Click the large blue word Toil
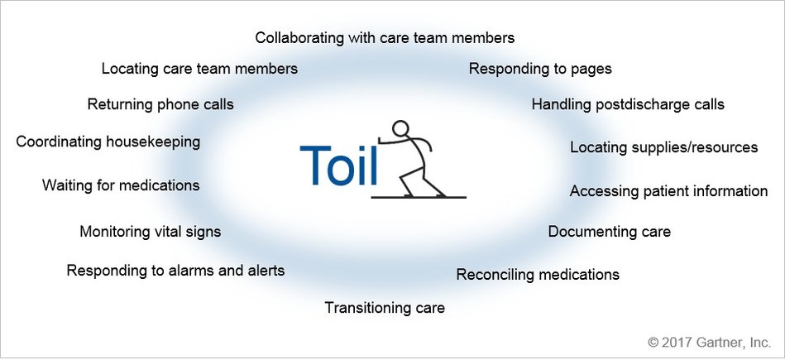(x=339, y=166)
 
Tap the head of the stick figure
(x=400, y=129)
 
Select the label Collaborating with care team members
(x=385, y=38)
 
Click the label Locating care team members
(x=199, y=69)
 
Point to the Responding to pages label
(x=540, y=69)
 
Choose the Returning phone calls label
(x=160, y=105)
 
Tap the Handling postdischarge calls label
(x=628, y=105)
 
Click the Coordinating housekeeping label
(x=108, y=142)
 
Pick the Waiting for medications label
(x=121, y=185)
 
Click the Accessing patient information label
(x=668, y=191)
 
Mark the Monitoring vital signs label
(x=150, y=232)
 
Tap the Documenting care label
(x=609, y=232)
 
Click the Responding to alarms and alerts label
(x=175, y=271)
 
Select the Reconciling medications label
(x=538, y=274)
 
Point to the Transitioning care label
(x=385, y=309)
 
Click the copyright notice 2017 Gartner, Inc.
(x=708, y=340)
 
